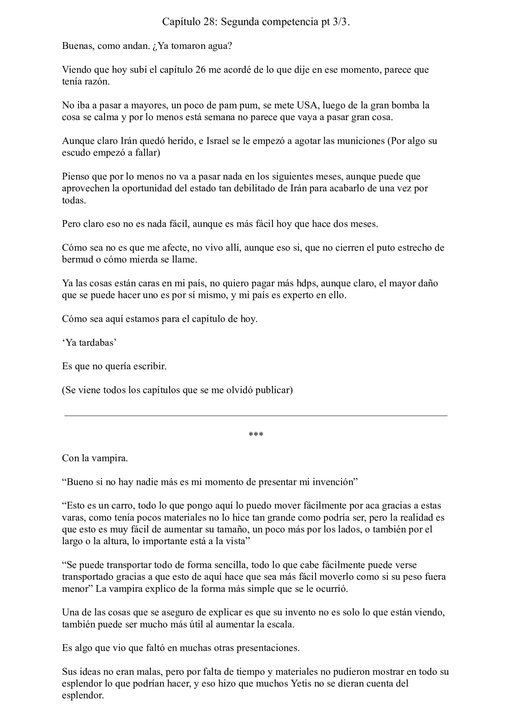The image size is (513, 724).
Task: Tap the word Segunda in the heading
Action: (x=240, y=22)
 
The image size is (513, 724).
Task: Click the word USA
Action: (x=307, y=105)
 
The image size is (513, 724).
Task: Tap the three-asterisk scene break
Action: (x=256, y=435)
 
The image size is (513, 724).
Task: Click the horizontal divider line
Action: (x=256, y=416)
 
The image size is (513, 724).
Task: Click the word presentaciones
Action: (x=268, y=648)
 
